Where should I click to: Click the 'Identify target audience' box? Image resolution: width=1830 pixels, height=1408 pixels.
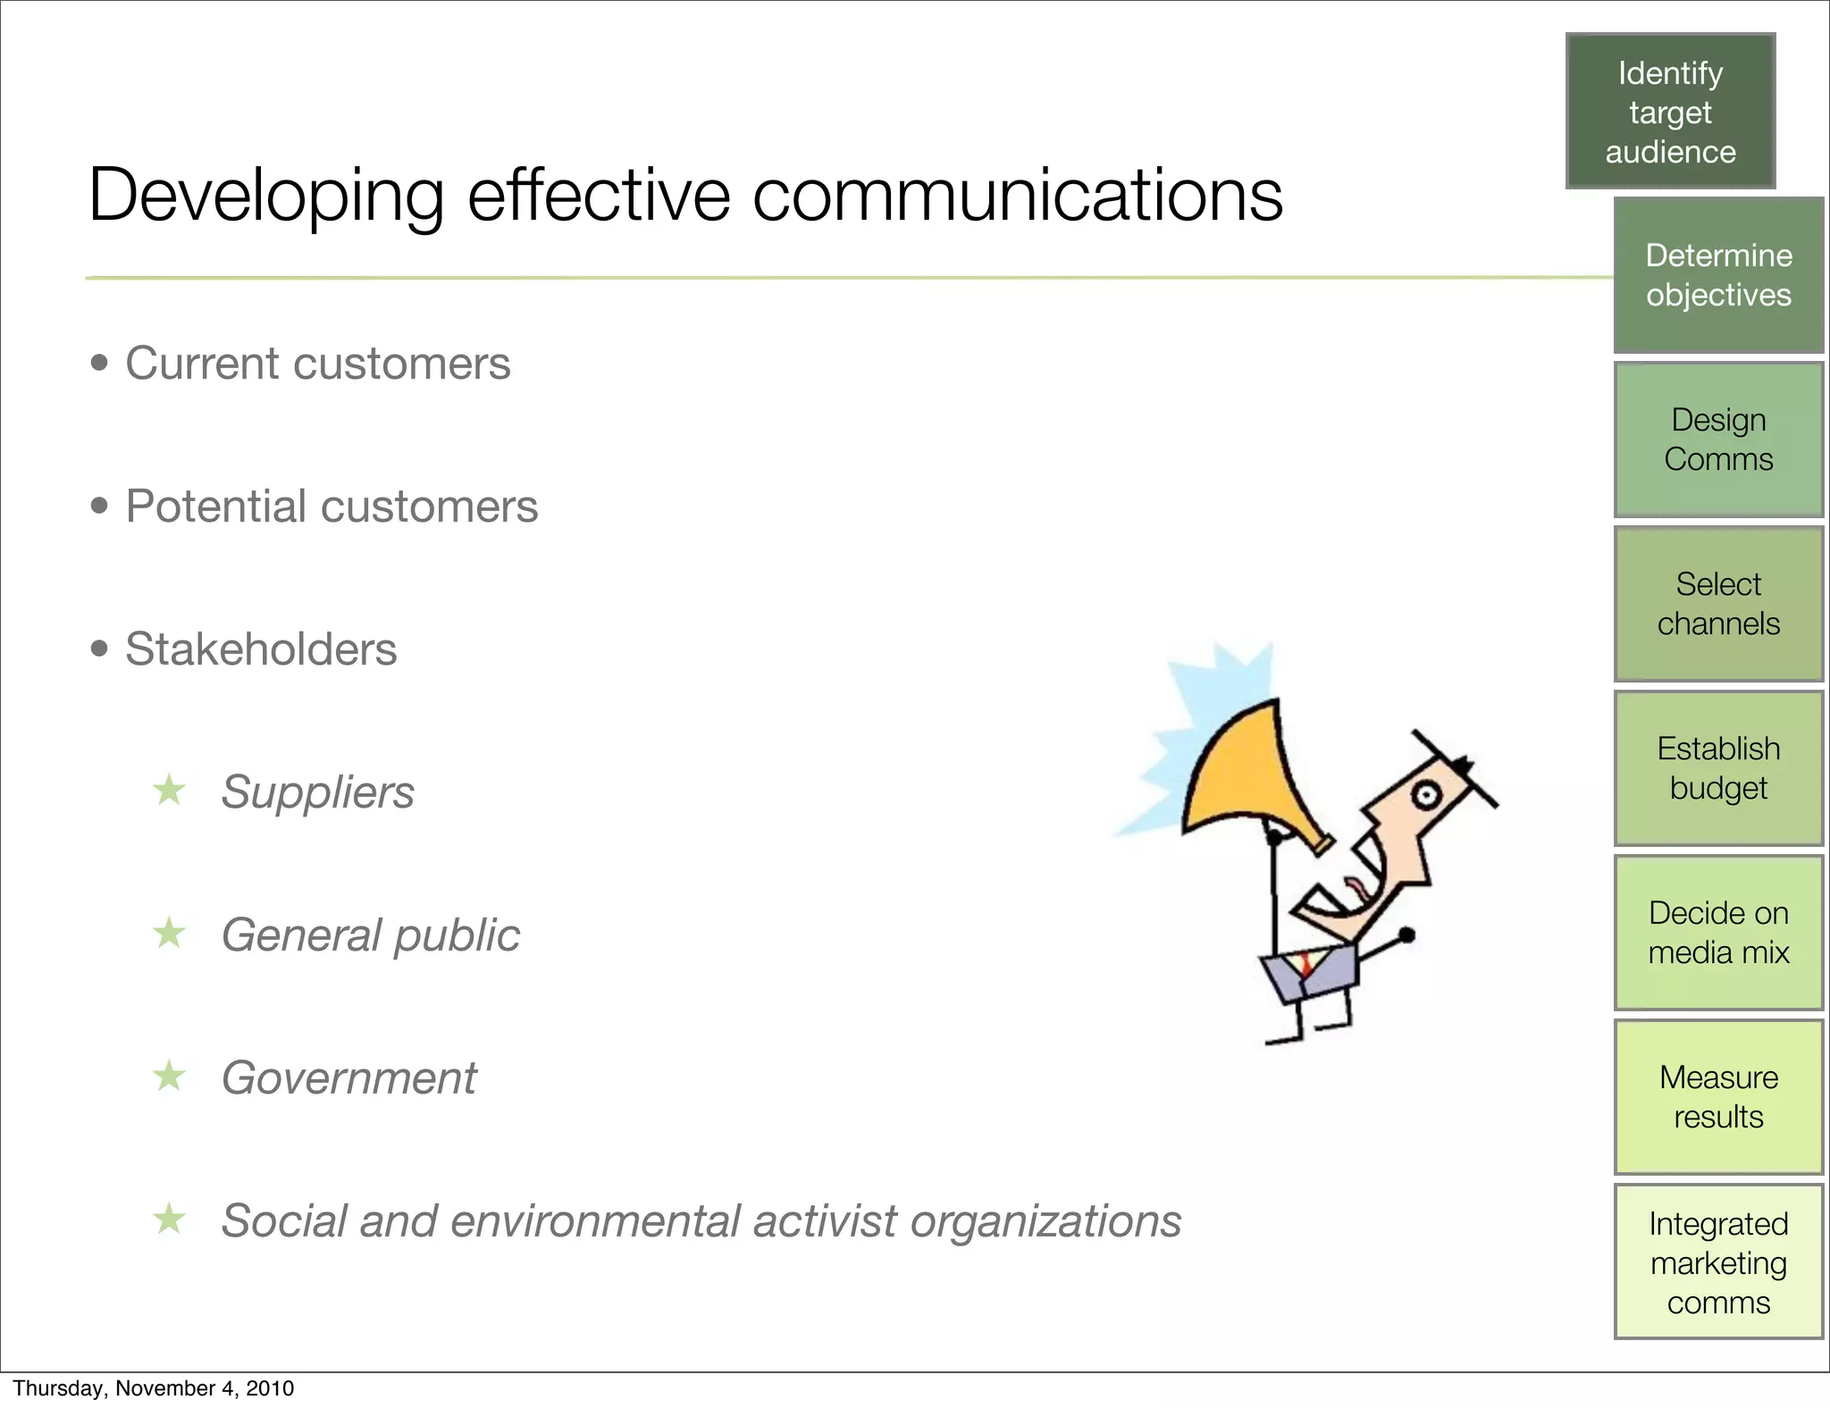point(1670,112)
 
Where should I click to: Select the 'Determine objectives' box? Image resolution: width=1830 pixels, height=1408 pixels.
point(1718,275)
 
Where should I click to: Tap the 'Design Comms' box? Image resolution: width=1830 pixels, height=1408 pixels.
point(1718,440)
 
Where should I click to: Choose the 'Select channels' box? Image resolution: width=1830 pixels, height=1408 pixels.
point(1718,604)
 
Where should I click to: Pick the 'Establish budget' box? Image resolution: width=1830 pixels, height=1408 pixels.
point(1718,768)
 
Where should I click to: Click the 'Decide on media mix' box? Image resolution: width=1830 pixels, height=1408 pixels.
point(1718,933)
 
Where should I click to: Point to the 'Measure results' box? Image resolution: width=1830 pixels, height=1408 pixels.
point(1718,1097)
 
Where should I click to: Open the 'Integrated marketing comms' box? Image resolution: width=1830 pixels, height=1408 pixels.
point(1718,1261)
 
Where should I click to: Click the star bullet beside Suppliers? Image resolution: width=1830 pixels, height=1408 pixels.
point(169,790)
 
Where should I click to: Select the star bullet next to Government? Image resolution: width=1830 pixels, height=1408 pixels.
point(169,1076)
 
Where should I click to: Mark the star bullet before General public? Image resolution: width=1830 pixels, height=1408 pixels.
point(169,934)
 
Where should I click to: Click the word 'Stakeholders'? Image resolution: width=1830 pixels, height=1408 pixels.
point(261,650)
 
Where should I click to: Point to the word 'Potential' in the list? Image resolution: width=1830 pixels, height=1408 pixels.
point(214,507)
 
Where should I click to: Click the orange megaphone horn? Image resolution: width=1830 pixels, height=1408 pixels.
point(1242,777)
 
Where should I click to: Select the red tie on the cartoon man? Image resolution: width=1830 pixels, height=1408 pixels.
point(1305,966)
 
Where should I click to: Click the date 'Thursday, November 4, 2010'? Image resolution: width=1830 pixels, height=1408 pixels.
point(153,1388)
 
